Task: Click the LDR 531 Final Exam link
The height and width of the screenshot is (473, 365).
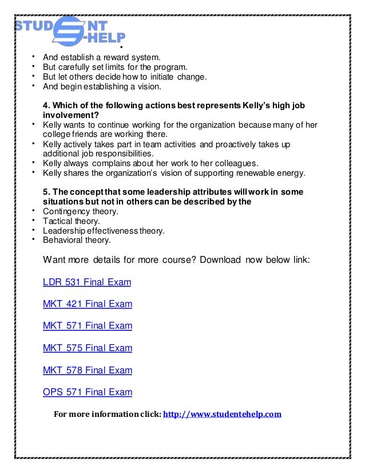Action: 87,282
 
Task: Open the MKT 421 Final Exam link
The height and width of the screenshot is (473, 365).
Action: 88,304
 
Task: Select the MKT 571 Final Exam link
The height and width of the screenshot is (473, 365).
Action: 88,326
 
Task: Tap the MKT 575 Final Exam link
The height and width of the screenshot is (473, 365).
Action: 88,348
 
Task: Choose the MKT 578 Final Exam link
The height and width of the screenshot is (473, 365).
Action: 88,370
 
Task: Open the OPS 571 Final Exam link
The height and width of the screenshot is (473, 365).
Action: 88,392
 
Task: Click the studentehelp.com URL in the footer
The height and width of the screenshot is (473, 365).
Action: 223,414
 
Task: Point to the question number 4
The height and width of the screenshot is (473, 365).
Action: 46,106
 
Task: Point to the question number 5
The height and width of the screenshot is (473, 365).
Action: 46,191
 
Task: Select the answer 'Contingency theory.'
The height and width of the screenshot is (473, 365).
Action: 81,211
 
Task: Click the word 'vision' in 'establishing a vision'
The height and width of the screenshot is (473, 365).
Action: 149,87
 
